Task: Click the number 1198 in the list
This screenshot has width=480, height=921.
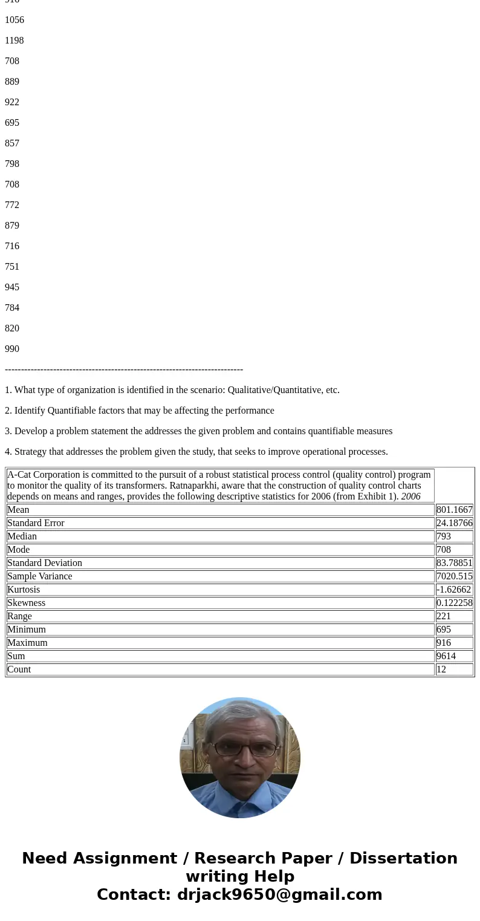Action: pyautogui.click(x=15, y=41)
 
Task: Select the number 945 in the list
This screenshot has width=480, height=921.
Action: pyautogui.click(x=12, y=287)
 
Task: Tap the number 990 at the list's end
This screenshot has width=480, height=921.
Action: pyautogui.click(x=12, y=349)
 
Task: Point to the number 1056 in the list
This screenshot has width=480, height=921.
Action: pyautogui.click(x=15, y=20)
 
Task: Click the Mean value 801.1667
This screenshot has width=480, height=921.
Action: pyautogui.click(x=454, y=510)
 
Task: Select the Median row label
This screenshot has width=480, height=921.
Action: pyautogui.click(x=22, y=536)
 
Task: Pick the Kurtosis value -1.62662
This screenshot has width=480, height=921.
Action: pyautogui.click(x=453, y=590)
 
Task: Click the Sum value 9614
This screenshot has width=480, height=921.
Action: pyautogui.click(x=446, y=656)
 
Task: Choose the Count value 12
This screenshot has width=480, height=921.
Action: pyautogui.click(x=441, y=669)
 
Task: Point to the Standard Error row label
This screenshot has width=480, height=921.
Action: pyautogui.click(x=36, y=523)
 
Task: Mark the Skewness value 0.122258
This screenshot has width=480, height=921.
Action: pyautogui.click(x=454, y=603)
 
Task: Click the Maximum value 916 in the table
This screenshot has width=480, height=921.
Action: pyautogui.click(x=444, y=643)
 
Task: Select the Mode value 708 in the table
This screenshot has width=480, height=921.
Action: pyautogui.click(x=444, y=550)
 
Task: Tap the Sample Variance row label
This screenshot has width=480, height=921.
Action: pyautogui.click(x=39, y=576)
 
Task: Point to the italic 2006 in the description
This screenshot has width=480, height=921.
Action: pyautogui.click(x=410, y=496)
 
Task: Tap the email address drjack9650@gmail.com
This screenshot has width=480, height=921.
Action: pyautogui.click(x=279, y=894)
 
